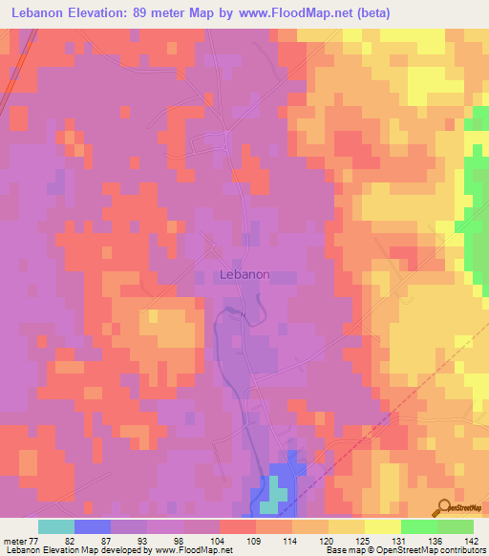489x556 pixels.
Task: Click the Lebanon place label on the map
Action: (x=244, y=274)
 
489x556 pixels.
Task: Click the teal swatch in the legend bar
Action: (x=56, y=526)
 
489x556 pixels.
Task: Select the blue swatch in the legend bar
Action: (x=93, y=526)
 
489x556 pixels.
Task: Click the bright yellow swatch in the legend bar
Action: (x=382, y=526)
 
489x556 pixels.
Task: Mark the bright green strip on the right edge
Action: (x=476, y=191)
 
